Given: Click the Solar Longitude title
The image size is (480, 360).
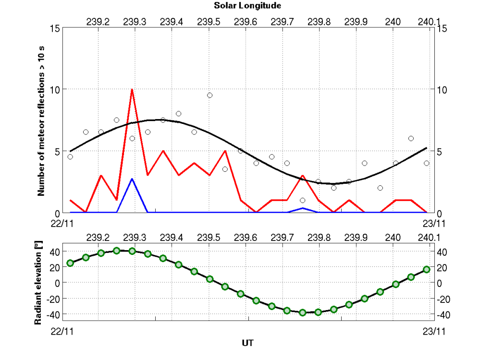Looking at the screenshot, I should point(247,6).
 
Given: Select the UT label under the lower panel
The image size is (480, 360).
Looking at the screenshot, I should point(247,343).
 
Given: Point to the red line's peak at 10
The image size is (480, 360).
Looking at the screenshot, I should point(132,89).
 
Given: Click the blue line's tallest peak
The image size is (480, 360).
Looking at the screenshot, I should point(132,179).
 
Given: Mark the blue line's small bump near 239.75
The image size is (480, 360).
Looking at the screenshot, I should point(303,208).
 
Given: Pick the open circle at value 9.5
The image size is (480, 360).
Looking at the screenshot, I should point(209,95).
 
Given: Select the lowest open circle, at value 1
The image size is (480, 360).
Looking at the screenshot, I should point(302,200).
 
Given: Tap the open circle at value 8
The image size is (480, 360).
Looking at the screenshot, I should point(178,114).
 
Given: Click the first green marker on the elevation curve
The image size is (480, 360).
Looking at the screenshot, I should point(70,263).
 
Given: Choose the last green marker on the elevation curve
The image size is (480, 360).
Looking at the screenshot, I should point(426,269).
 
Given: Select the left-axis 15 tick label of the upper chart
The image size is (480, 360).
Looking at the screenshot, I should point(54,28).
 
